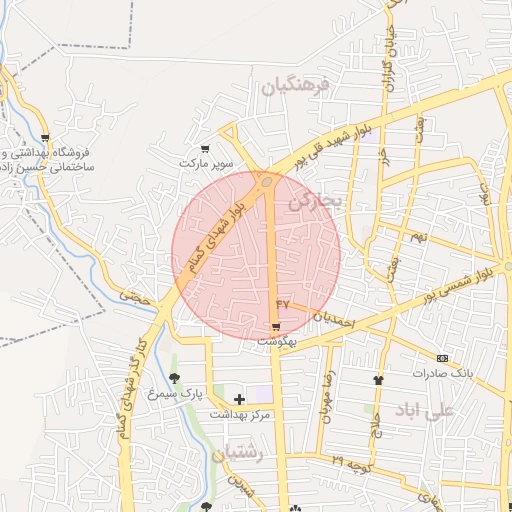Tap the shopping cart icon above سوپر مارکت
coord(206,149)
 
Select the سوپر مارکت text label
coord(206,162)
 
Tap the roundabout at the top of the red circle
coord(267,182)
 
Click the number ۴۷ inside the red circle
coord(282,302)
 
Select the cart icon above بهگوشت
coord(276,327)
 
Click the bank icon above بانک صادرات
coord(442,358)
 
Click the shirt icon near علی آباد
coord(378,380)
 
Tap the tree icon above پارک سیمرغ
coord(175,378)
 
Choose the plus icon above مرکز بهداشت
coord(239,399)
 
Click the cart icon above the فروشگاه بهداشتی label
coord(45,138)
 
